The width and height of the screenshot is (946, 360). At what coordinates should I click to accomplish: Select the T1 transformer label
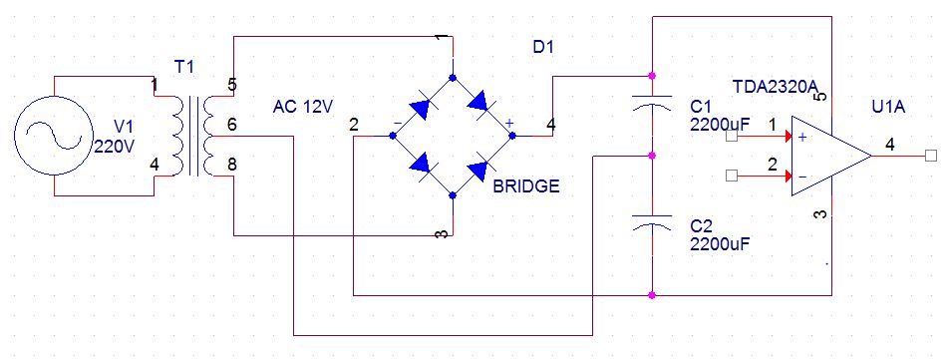pyautogui.click(x=184, y=67)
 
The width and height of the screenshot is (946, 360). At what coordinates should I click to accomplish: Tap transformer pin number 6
pyautogui.click(x=231, y=125)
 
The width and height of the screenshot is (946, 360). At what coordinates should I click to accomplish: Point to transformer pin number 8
pyautogui.click(x=231, y=163)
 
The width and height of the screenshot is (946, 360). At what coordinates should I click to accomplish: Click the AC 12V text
pyautogui.click(x=303, y=107)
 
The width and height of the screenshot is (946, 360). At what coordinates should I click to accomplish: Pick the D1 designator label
pyautogui.click(x=543, y=48)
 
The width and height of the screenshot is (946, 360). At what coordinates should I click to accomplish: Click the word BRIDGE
pyautogui.click(x=526, y=186)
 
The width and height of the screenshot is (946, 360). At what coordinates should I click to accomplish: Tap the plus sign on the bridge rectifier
pyautogui.click(x=509, y=123)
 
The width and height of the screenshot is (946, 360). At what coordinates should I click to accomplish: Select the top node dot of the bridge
pyautogui.click(x=454, y=78)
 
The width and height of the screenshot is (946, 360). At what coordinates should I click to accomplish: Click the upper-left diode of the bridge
pyautogui.click(x=423, y=107)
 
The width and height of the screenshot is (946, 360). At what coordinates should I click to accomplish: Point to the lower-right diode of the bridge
pyautogui.click(x=483, y=168)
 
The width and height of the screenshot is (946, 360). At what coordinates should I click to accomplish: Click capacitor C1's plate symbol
pyautogui.click(x=652, y=101)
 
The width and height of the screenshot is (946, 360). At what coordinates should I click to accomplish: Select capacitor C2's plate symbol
pyautogui.click(x=652, y=221)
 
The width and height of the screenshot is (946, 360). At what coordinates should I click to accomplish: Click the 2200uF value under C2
pyautogui.click(x=720, y=244)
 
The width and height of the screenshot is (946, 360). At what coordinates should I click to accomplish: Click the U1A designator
pyautogui.click(x=888, y=109)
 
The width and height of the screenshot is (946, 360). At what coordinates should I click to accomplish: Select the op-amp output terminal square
pyautogui.click(x=930, y=156)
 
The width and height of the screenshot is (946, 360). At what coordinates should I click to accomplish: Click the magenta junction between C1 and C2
pyautogui.click(x=652, y=156)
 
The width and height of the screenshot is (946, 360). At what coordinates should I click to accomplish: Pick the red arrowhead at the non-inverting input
pyautogui.click(x=788, y=137)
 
